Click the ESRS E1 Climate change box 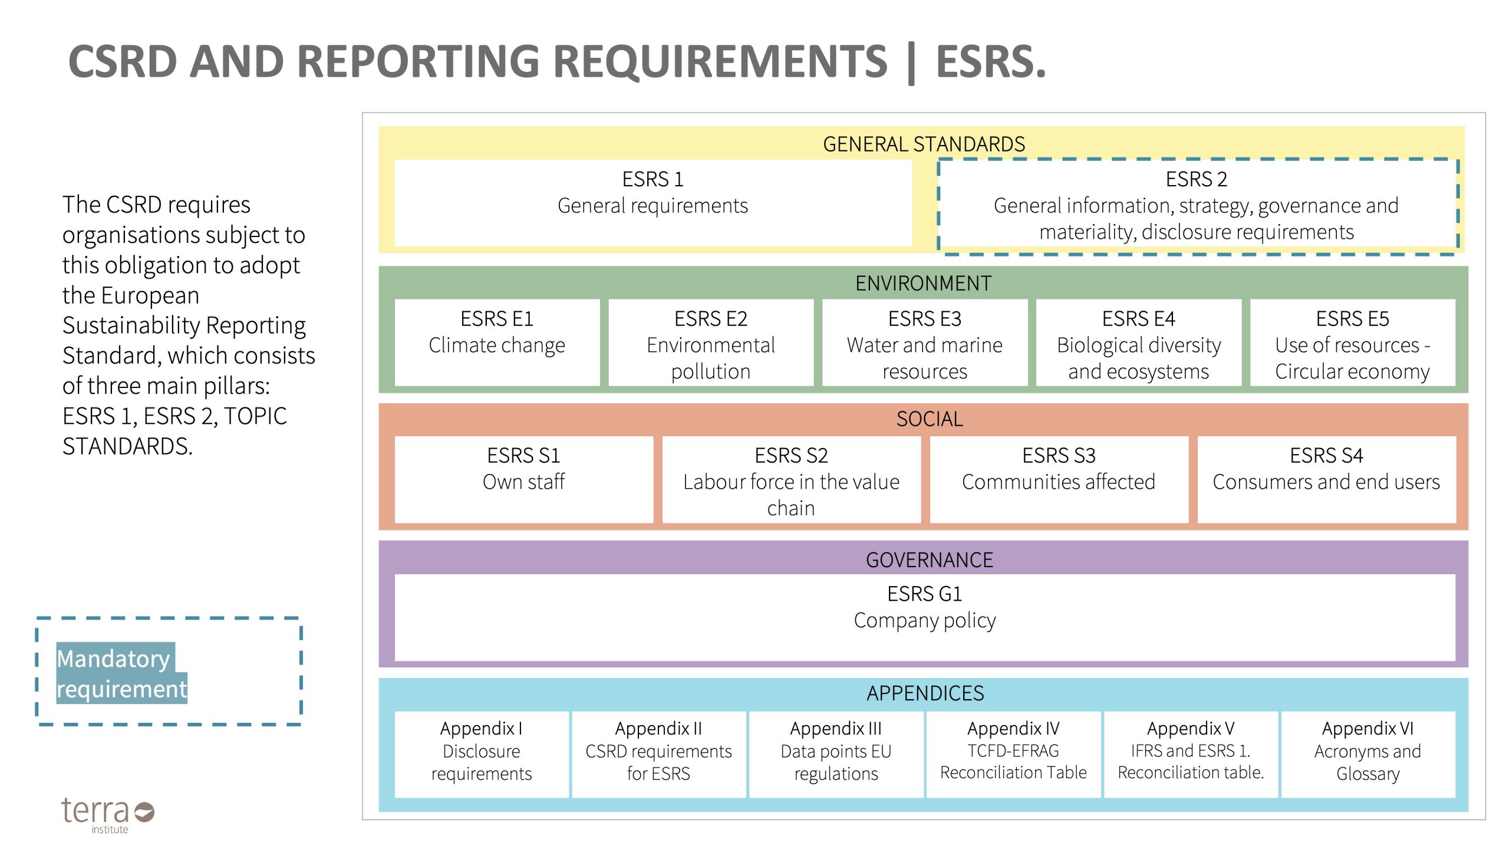497,343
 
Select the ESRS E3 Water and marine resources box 924,343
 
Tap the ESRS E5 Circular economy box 1352,343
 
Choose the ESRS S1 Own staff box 523,479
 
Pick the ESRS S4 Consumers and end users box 1326,479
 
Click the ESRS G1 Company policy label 924,607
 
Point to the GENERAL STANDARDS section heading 924,144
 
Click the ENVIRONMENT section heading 923,284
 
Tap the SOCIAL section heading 930,419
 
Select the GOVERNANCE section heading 929,560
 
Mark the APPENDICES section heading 925,693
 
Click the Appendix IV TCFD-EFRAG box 1013,754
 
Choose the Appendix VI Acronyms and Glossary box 1368,754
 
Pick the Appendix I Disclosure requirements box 482,754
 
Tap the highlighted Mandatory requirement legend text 121,673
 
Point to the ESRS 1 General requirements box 653,202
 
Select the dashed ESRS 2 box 1197,206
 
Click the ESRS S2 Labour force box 791,479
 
